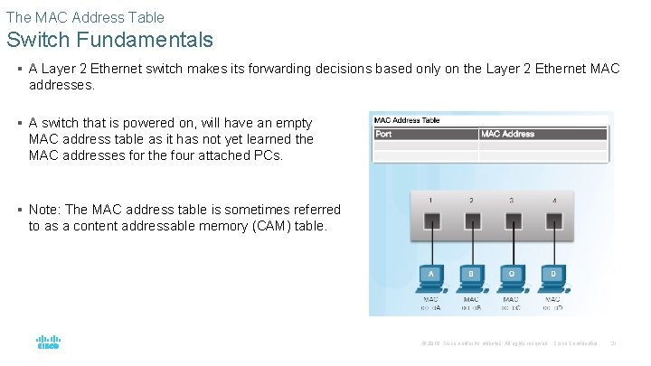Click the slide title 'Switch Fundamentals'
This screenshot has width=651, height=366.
(x=109, y=40)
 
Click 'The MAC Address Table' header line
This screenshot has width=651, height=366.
(x=85, y=16)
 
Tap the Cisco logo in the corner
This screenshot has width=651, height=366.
(x=48, y=343)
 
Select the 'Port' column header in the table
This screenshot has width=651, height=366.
(x=383, y=134)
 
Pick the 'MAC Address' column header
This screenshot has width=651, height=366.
(x=507, y=134)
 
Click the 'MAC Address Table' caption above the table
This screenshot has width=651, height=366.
(x=407, y=119)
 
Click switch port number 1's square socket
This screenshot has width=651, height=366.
(x=431, y=221)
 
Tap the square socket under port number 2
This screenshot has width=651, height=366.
(x=471, y=221)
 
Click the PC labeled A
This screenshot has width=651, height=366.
(x=431, y=276)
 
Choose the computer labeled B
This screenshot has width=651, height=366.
(x=471, y=276)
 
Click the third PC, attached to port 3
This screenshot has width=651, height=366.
(x=511, y=276)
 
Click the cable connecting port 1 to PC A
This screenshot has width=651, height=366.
(x=431, y=246)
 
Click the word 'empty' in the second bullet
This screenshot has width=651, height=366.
(x=292, y=123)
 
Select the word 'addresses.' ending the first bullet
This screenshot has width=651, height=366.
(x=61, y=85)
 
